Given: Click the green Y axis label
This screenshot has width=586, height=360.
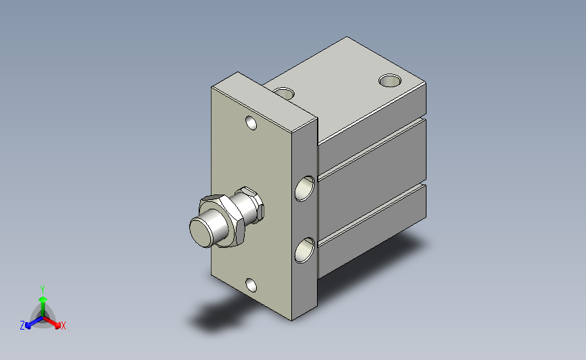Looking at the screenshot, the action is click(x=43, y=290).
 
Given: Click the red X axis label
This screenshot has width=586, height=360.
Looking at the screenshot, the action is click(x=63, y=326).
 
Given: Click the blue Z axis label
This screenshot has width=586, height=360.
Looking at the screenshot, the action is click(x=22, y=326).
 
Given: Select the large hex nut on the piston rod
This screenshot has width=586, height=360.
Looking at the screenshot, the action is click(x=224, y=220).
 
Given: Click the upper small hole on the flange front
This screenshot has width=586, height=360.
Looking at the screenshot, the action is click(x=251, y=123).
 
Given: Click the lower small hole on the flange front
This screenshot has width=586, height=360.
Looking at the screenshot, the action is click(x=251, y=286).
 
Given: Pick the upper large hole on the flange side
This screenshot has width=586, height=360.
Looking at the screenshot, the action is click(x=305, y=188).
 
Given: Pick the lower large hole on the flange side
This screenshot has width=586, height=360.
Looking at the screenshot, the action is click(x=305, y=250).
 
